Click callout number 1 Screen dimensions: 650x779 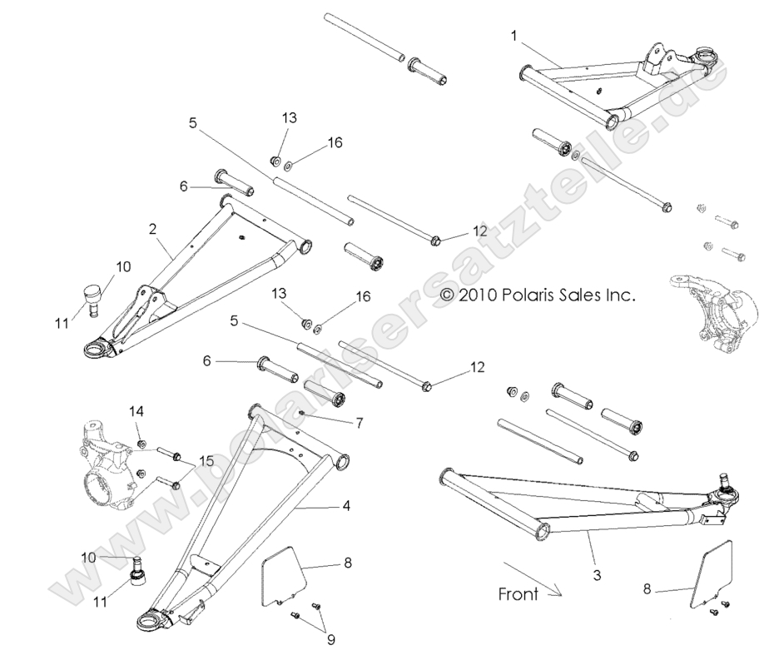(x=514, y=36)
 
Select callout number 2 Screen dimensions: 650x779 (x=153, y=227)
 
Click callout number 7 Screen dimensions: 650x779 (x=359, y=424)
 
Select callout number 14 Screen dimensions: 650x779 (x=136, y=411)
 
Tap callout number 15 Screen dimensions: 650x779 (x=205, y=461)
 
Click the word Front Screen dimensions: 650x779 (x=518, y=594)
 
